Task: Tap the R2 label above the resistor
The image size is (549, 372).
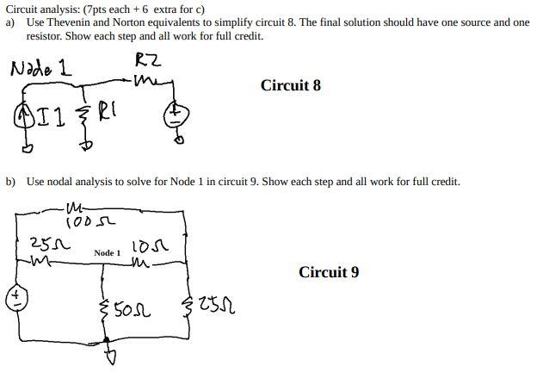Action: (x=148, y=60)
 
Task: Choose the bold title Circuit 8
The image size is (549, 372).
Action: (x=291, y=85)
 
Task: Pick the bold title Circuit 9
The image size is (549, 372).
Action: (x=329, y=272)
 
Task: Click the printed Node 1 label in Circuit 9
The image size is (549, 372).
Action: (x=108, y=253)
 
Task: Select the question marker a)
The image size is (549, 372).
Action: (x=10, y=22)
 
